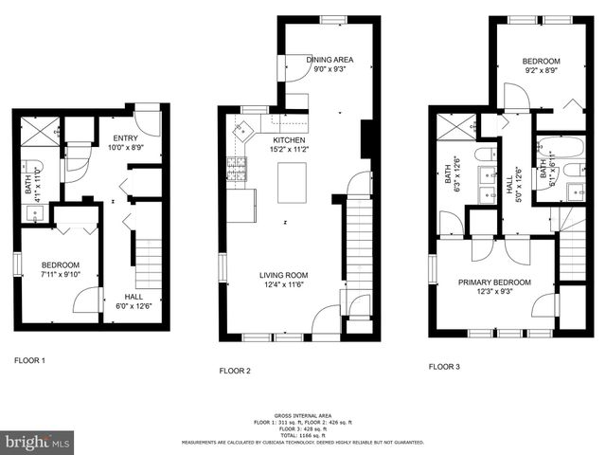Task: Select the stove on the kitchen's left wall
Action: pos(235,170)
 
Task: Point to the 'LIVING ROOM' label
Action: pos(284,276)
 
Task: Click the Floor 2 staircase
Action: pos(357,246)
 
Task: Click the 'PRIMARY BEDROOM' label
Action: pos(494,282)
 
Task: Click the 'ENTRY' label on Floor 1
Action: pos(113,137)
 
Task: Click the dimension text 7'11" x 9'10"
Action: pos(60,275)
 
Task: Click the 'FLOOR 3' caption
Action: pos(443,366)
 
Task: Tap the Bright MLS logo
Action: pos(38,442)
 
